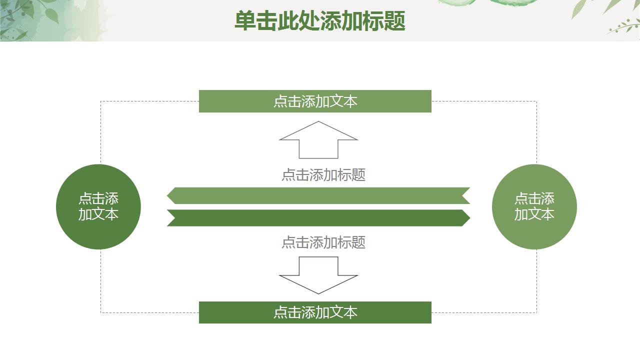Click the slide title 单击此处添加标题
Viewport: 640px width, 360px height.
pos(319,21)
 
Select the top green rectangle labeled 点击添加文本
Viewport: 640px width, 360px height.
pos(315,101)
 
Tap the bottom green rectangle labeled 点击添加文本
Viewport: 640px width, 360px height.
pos(315,312)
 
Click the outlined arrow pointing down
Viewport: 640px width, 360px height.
pos(318,275)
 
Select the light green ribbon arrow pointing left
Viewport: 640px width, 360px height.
pos(318,195)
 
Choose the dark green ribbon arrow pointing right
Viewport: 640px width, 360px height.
pos(318,218)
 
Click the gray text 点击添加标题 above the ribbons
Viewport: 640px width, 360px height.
pos(323,174)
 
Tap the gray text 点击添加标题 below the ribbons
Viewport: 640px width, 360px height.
pos(323,242)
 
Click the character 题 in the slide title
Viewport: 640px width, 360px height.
pos(394,21)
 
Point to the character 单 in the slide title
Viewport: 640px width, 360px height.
pos(245,21)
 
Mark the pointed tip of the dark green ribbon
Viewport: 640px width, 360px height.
pos(469,218)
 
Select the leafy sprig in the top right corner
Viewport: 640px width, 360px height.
pos(622,26)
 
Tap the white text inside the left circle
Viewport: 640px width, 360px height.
pos(98,206)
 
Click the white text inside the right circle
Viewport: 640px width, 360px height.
pos(534,206)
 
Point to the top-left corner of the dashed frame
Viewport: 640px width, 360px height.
pos(101,101)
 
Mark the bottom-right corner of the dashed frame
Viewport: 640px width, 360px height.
pos(536,312)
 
